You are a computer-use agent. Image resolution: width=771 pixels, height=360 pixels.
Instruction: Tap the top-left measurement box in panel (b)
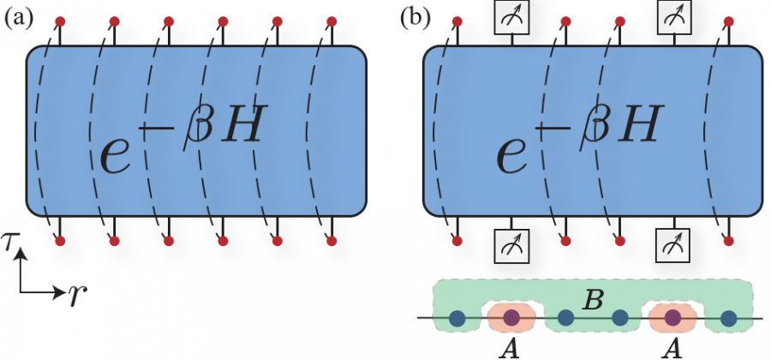point(512,15)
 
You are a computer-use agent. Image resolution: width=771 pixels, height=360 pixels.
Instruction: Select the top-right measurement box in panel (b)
point(673,15)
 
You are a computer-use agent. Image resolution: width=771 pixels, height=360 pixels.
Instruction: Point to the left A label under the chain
point(511,349)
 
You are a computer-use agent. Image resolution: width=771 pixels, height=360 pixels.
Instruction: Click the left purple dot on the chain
point(511,319)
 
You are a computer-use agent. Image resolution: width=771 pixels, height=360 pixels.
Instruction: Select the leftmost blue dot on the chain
point(457,319)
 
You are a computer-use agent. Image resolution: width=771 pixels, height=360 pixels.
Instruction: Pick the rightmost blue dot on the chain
point(728,319)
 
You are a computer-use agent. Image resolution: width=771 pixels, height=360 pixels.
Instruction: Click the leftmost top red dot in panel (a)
point(60,20)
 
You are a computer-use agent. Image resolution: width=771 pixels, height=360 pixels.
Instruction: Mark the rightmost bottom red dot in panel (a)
point(331,241)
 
